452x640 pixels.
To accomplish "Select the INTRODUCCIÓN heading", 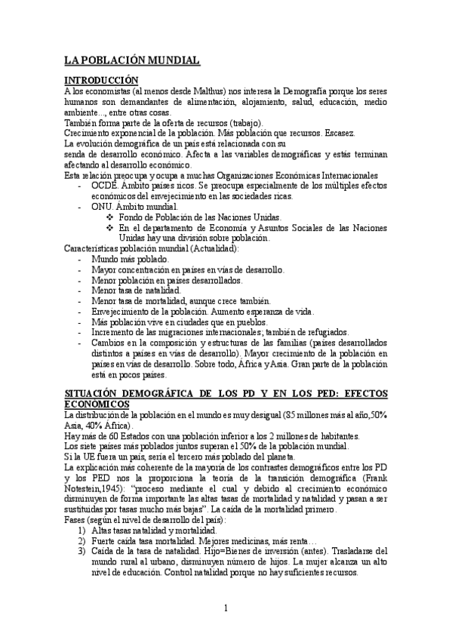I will (101, 81).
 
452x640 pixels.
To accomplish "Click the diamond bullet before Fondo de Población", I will (110, 217).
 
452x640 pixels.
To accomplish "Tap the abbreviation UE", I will (86, 457).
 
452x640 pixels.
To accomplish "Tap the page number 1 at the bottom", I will (226, 608).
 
